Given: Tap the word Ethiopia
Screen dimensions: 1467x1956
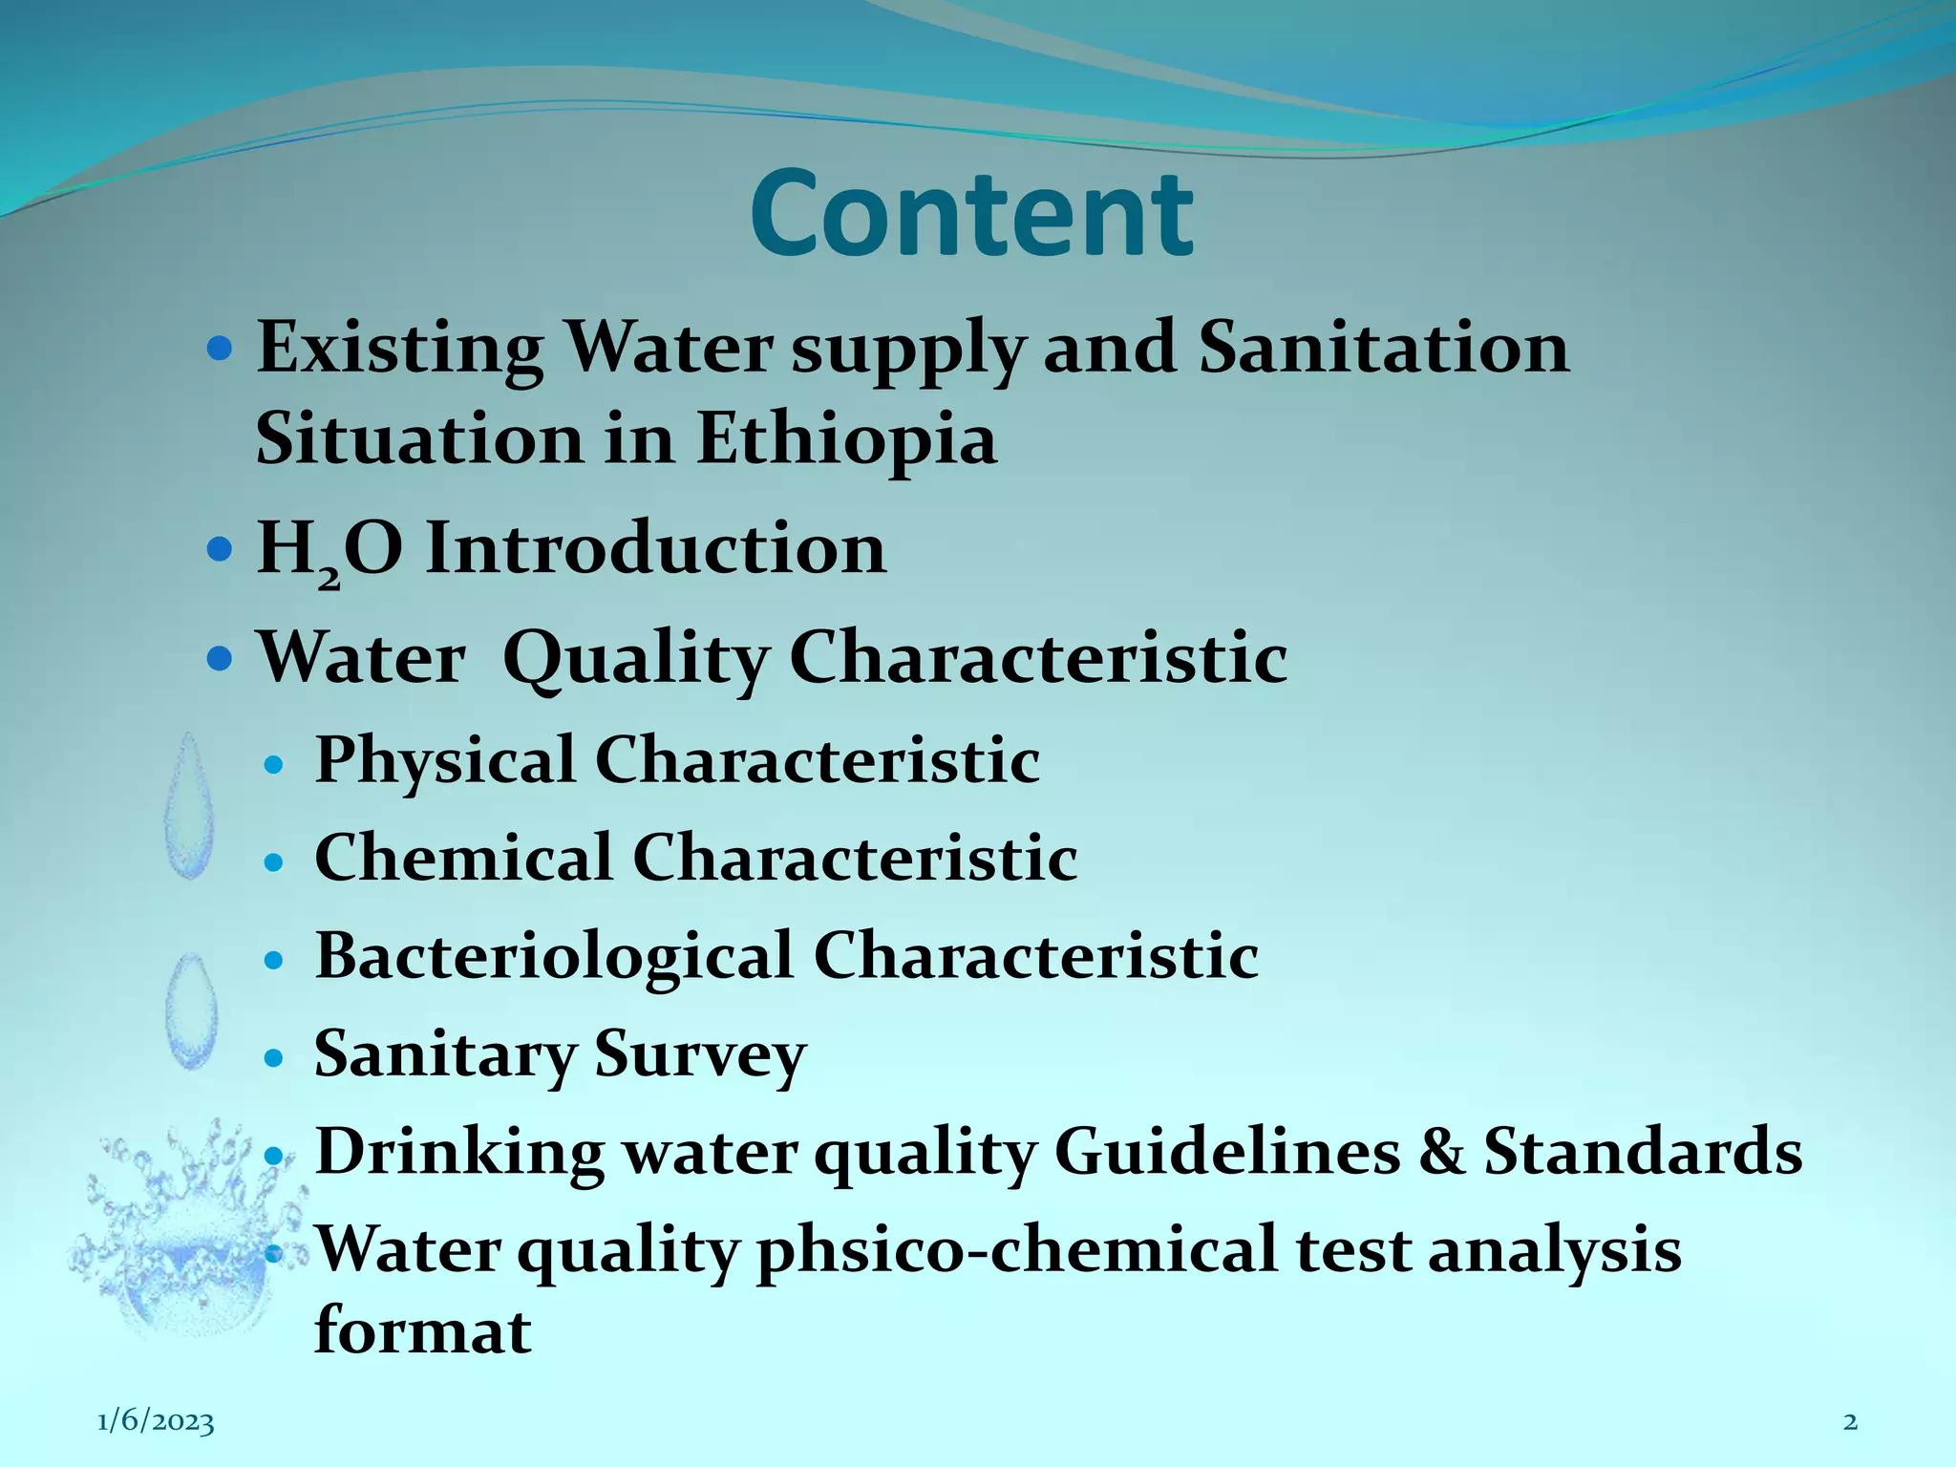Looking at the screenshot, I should pos(846,439).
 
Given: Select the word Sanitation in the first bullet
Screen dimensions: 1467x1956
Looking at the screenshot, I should pos(1383,348).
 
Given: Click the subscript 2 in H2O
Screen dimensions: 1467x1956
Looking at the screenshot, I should pos(328,576).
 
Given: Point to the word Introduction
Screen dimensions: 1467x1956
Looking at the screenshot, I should pos(655,549).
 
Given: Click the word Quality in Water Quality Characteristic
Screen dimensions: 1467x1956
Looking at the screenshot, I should pos(635,659).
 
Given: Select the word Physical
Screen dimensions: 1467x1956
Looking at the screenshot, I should pos(445,760).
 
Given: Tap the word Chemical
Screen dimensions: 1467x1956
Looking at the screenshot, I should pos(463,858).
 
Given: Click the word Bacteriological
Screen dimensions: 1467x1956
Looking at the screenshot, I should pos(554,956).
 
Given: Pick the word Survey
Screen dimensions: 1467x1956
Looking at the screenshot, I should pos(700,1055).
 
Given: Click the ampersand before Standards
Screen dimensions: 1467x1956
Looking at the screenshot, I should pos(1441,1151).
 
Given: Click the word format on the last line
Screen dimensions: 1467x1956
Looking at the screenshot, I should pos(422,1331).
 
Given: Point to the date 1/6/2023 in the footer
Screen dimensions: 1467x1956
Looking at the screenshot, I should pos(156,1422).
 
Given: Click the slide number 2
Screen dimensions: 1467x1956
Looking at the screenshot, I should pos(1850,1422).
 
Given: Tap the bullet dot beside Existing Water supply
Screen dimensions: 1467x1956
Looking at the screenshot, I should pos(220,350).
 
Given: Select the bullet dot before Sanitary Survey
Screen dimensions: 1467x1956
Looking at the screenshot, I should pos(274,1058).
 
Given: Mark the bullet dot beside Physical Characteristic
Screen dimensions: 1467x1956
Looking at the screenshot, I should pos(274,764).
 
